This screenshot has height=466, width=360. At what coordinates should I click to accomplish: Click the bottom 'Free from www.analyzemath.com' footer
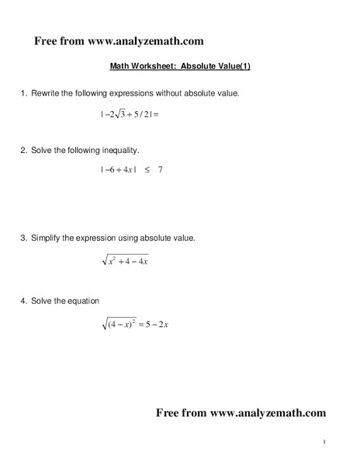pyautogui.click(x=241, y=412)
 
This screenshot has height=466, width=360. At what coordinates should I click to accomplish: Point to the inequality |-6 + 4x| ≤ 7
pyautogui.click(x=130, y=169)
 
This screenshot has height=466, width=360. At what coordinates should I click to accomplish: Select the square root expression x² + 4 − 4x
pyautogui.click(x=125, y=261)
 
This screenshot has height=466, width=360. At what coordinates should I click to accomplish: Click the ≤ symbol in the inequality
pyautogui.click(x=146, y=169)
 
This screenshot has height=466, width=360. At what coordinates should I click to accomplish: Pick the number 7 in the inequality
pyautogui.click(x=160, y=169)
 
